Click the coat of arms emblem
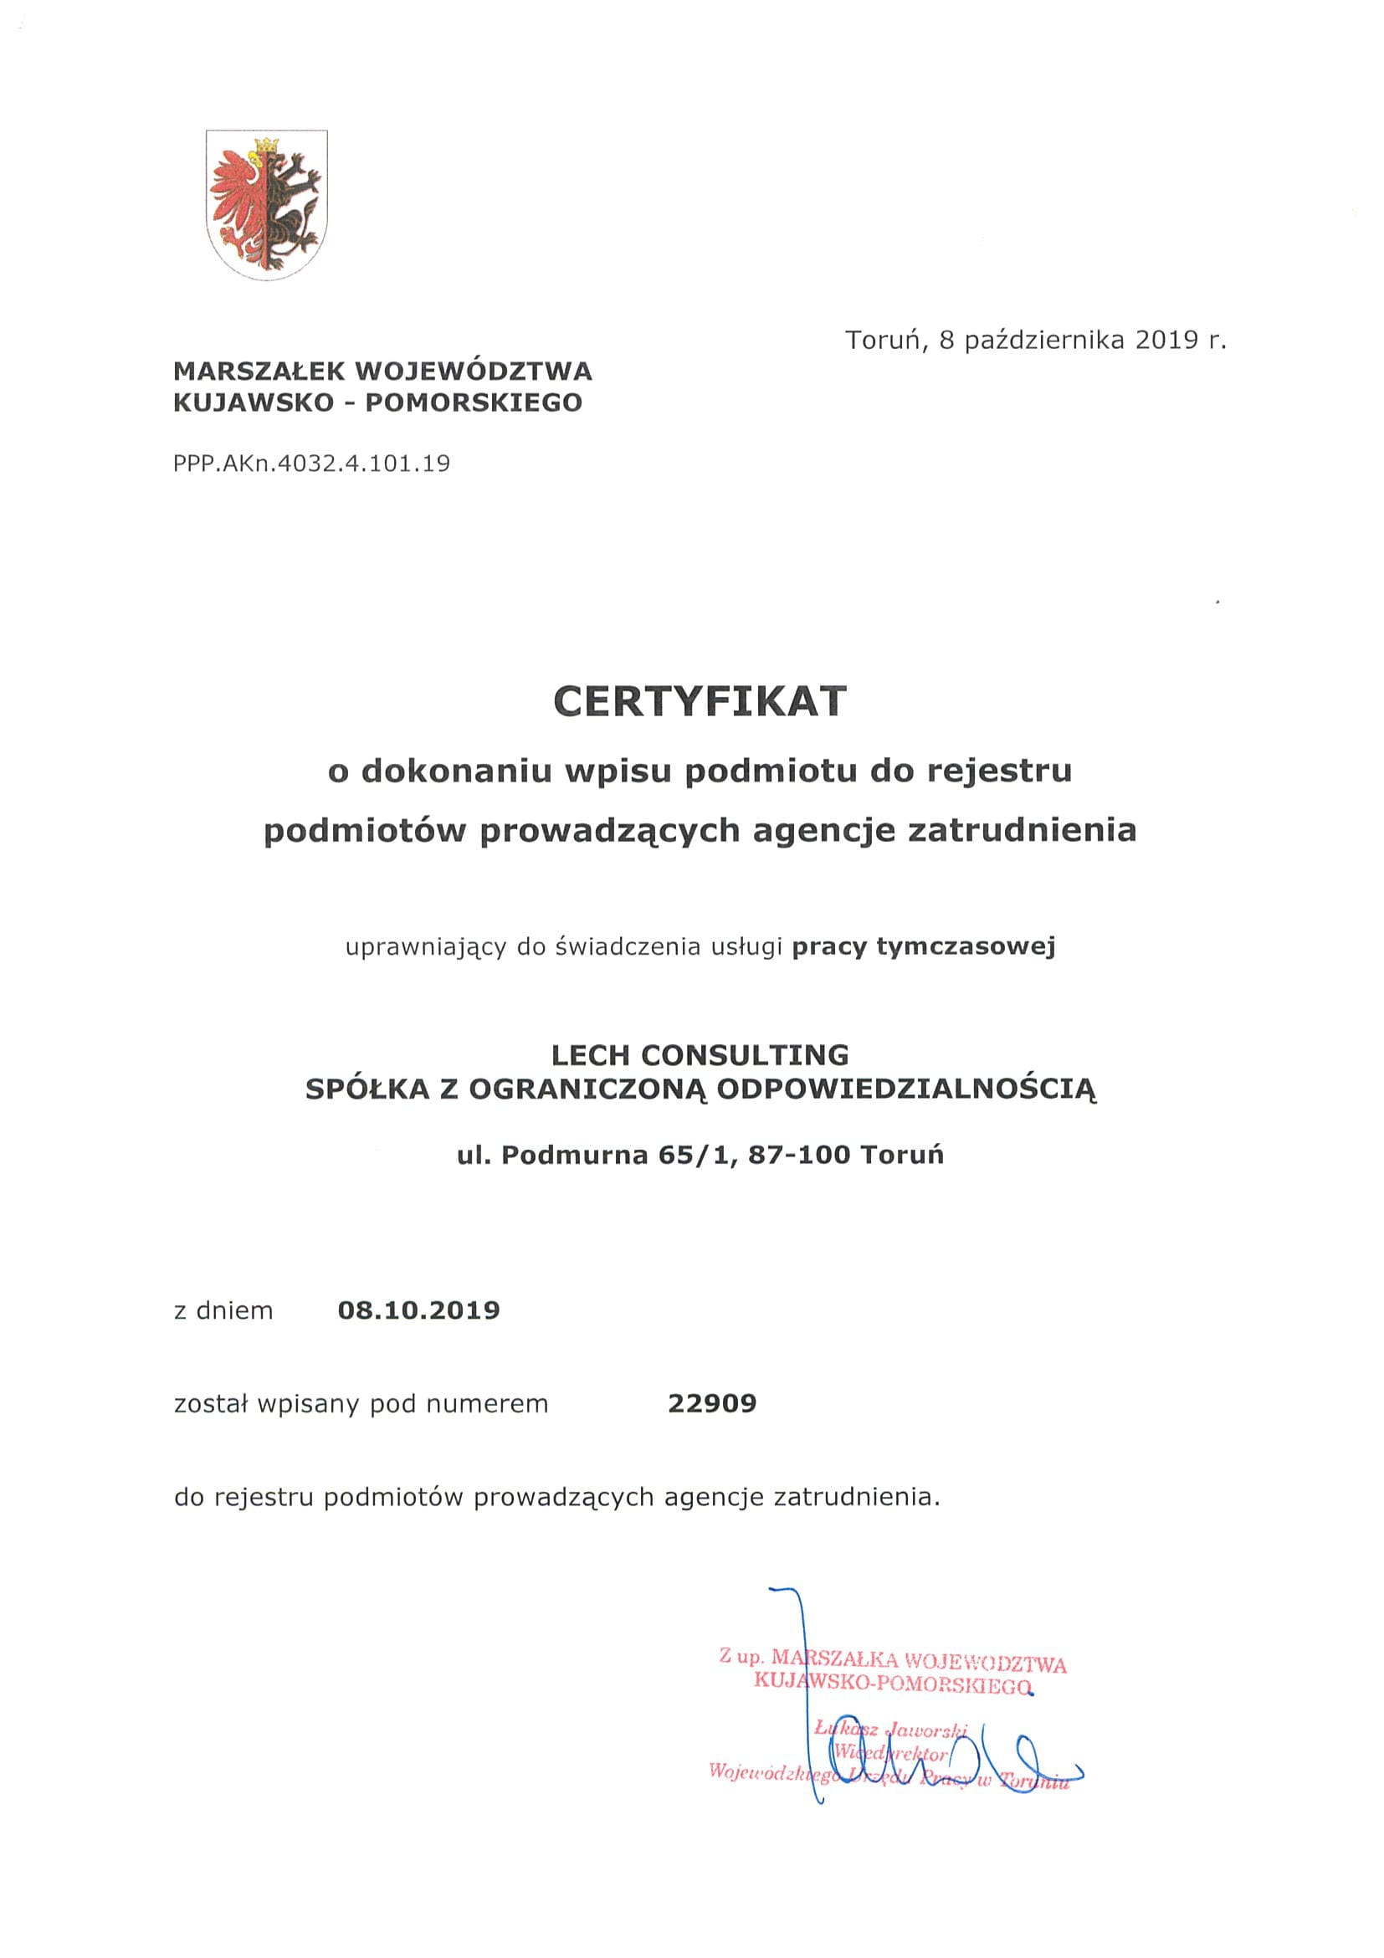coord(266,204)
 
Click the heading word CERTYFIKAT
coord(700,702)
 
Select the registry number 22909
coord(712,1403)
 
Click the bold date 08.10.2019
coord(418,1309)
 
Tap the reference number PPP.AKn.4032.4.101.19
coord(311,464)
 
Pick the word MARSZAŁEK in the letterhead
coord(259,371)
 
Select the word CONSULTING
coord(745,1055)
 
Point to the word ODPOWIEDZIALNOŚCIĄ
coord(906,1089)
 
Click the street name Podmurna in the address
coord(576,1155)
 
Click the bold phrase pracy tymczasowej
coord(924,946)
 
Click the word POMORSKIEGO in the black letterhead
coord(474,402)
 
